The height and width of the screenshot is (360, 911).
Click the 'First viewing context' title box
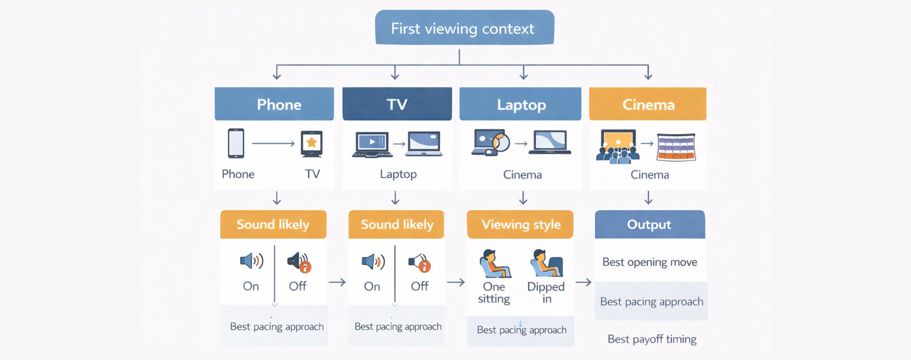click(x=464, y=28)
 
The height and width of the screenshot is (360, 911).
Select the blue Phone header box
click(x=274, y=104)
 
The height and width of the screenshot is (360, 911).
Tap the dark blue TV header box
click(x=397, y=104)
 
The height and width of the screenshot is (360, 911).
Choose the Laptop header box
click(x=521, y=104)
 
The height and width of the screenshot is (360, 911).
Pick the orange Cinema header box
click(x=648, y=104)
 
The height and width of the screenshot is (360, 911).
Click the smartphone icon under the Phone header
click(x=236, y=143)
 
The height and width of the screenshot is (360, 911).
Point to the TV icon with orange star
click(x=312, y=143)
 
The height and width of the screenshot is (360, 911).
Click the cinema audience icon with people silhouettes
click(x=617, y=147)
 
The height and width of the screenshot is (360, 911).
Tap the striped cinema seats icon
click(x=676, y=147)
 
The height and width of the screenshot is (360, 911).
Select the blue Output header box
click(x=650, y=224)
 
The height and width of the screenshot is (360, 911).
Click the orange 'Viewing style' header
click(x=521, y=224)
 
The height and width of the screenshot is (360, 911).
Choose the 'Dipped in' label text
click(x=546, y=292)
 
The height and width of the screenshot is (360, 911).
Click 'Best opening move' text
click(x=650, y=262)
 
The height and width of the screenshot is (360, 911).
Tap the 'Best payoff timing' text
click(x=652, y=339)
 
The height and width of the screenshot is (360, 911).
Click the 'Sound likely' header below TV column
click(x=397, y=224)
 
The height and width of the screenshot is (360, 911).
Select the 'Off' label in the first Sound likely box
click(x=297, y=286)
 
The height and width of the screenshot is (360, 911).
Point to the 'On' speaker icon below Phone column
click(x=251, y=261)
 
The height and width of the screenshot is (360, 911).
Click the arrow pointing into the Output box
click(x=584, y=282)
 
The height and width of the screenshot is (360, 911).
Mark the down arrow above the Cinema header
click(x=648, y=73)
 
